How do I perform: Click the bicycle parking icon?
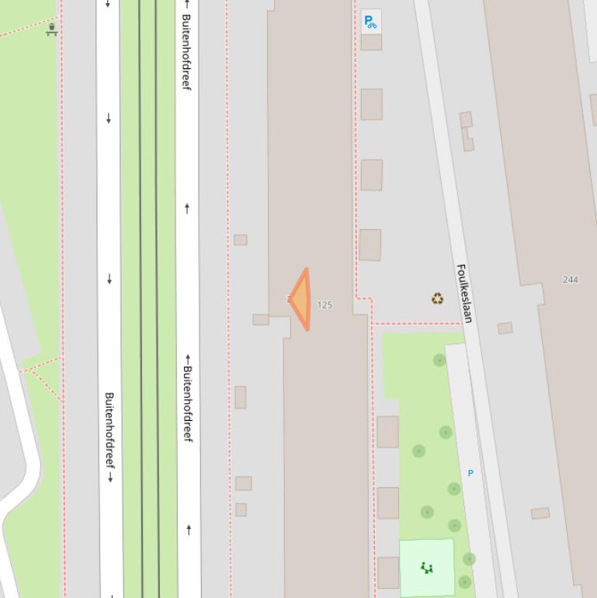[x=371, y=22]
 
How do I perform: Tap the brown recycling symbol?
[x=438, y=298]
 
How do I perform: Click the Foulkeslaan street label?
[x=464, y=294]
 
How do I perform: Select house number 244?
[x=571, y=280]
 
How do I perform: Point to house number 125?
[x=325, y=305]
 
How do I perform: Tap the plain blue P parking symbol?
[x=470, y=473]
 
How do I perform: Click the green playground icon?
[x=426, y=568]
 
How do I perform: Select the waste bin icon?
[x=52, y=30]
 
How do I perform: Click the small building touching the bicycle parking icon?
[x=371, y=42]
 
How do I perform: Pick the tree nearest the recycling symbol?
[x=439, y=360]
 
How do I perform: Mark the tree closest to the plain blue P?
[x=454, y=488]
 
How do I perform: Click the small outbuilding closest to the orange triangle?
[x=261, y=319]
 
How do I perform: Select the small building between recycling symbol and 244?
[x=505, y=329]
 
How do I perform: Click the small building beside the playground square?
[x=387, y=572]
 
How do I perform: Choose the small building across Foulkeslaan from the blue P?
[x=540, y=513]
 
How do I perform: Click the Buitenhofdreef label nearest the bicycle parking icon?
[x=186, y=50]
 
